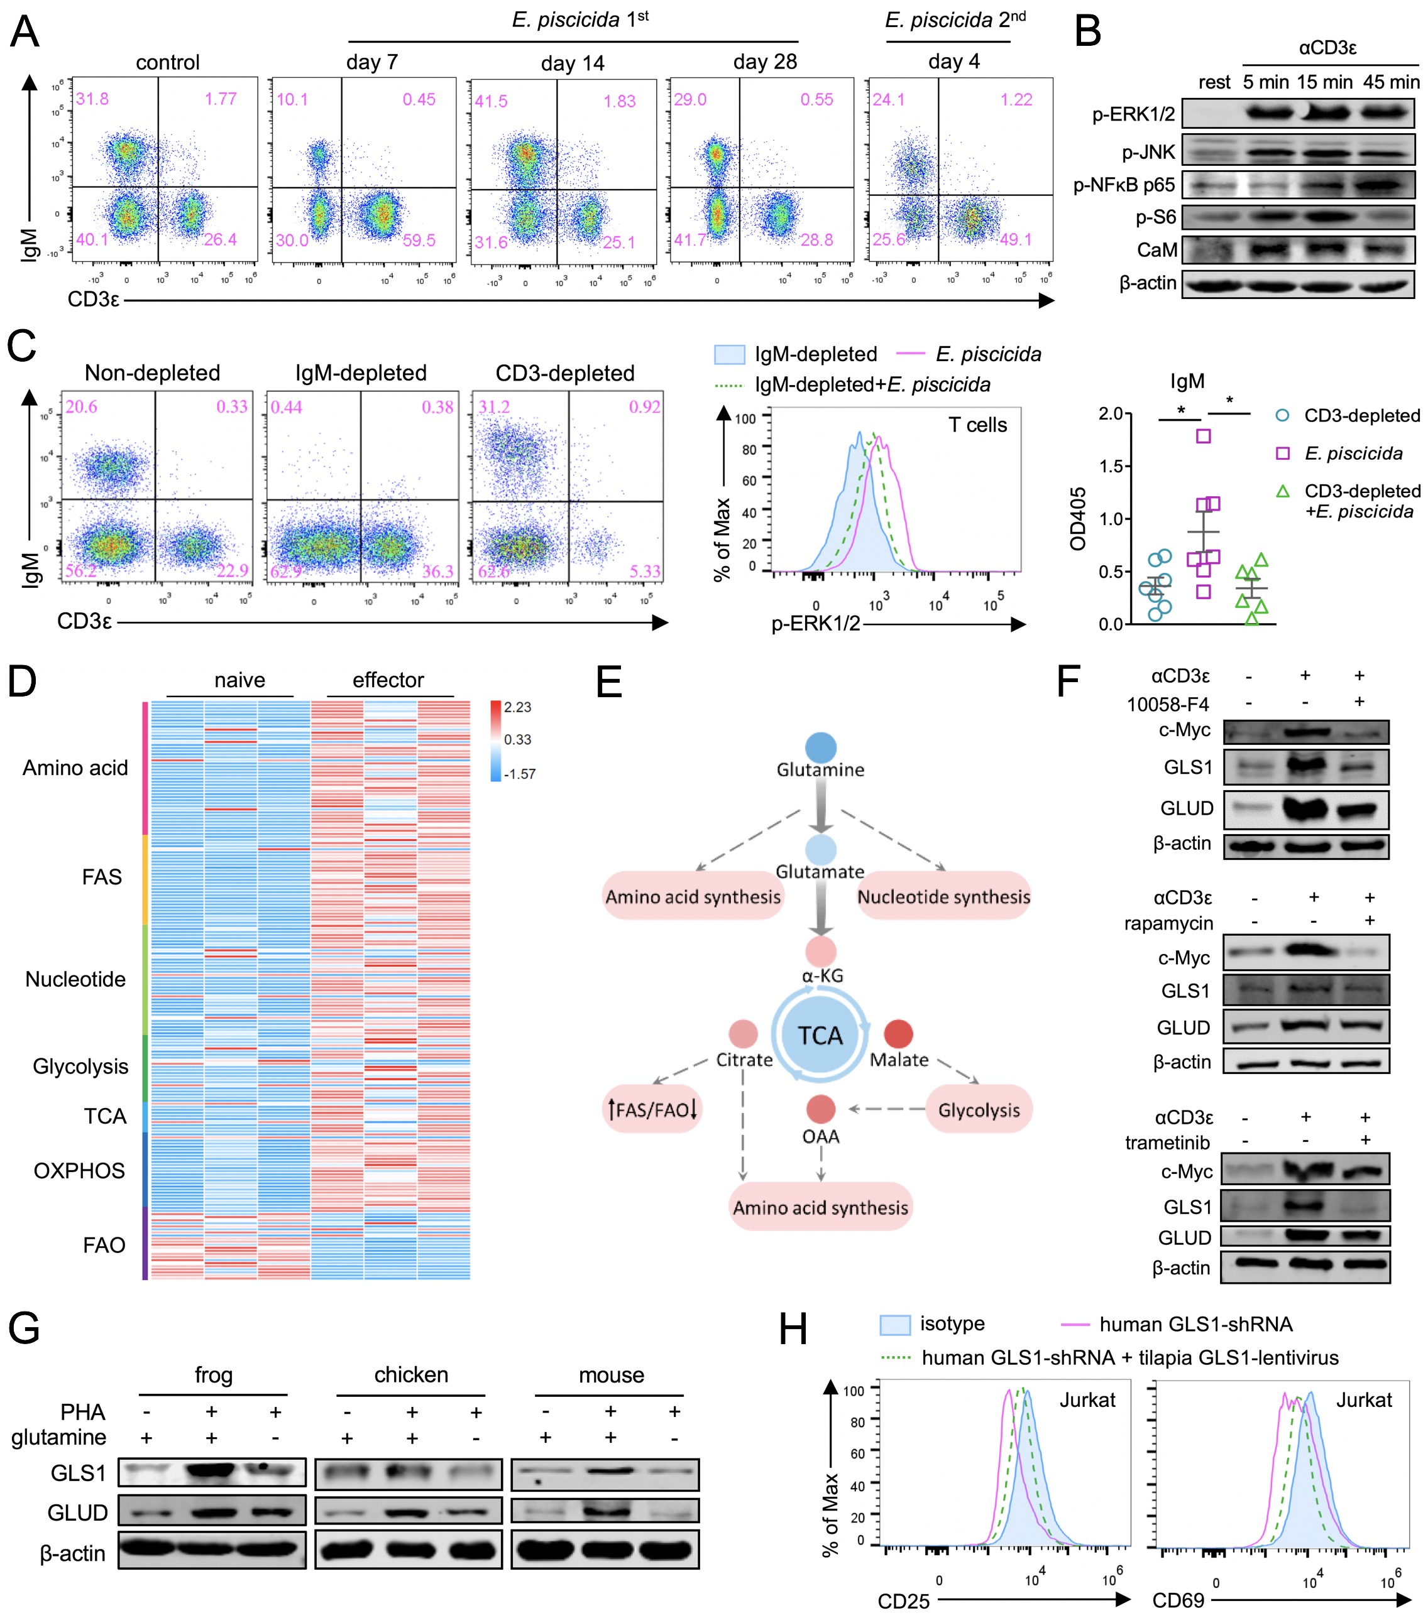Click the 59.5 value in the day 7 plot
pyautogui.click(x=419, y=241)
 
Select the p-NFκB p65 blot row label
pyautogui.click(x=1124, y=185)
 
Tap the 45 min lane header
pyautogui.click(x=1391, y=82)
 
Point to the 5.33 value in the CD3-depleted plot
pyautogui.click(x=645, y=571)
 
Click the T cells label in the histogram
pyautogui.click(x=977, y=425)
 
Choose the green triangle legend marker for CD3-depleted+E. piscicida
pyautogui.click(x=1283, y=492)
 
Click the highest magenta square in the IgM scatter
pyautogui.click(x=1203, y=436)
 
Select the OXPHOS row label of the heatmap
pyautogui.click(x=79, y=1171)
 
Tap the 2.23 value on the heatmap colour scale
pyautogui.click(x=517, y=707)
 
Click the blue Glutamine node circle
pyautogui.click(x=820, y=748)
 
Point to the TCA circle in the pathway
pyautogui.click(x=820, y=1035)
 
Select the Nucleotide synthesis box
pyautogui.click(x=943, y=897)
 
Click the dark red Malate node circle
pyautogui.click(x=898, y=1034)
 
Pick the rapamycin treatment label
pyautogui.click(x=1168, y=923)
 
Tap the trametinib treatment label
pyautogui.click(x=1167, y=1143)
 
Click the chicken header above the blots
pyautogui.click(x=411, y=1375)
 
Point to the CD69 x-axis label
pyautogui.click(x=1178, y=1600)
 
